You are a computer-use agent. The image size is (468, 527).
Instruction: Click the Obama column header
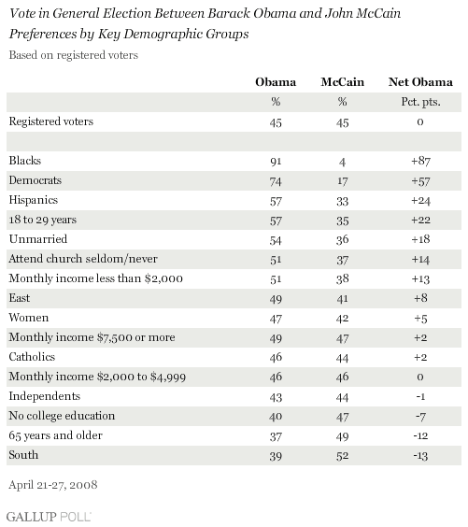[x=276, y=82]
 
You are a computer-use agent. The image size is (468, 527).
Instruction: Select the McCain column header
[x=342, y=82]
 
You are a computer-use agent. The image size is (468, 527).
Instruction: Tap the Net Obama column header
[x=420, y=82]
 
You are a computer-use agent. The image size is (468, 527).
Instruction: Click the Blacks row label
[x=25, y=161]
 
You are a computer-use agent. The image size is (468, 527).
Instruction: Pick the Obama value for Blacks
[x=276, y=162]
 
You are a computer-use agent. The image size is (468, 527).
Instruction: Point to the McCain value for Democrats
[x=342, y=181]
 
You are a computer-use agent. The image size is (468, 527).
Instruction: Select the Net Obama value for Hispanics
[x=420, y=201]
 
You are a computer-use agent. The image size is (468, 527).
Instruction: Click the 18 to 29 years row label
[x=43, y=220]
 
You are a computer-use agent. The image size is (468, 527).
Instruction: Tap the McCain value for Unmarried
[x=342, y=240]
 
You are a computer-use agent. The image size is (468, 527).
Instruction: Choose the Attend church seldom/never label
[x=83, y=259]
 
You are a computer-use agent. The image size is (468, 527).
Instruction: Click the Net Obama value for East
[x=420, y=298]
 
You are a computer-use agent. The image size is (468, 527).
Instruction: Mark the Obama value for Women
[x=276, y=319]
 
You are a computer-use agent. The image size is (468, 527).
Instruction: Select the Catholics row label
[x=32, y=357]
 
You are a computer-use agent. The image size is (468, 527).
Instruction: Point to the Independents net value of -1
[x=420, y=397]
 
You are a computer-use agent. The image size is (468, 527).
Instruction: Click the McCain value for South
[x=342, y=456]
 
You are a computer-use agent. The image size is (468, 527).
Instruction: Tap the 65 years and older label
[x=55, y=435]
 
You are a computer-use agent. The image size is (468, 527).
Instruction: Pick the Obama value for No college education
[x=276, y=417]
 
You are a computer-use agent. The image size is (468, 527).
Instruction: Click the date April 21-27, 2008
[x=53, y=485]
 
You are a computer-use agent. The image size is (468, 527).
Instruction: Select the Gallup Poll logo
[x=49, y=516]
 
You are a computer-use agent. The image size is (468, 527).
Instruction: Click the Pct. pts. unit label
[x=420, y=102]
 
